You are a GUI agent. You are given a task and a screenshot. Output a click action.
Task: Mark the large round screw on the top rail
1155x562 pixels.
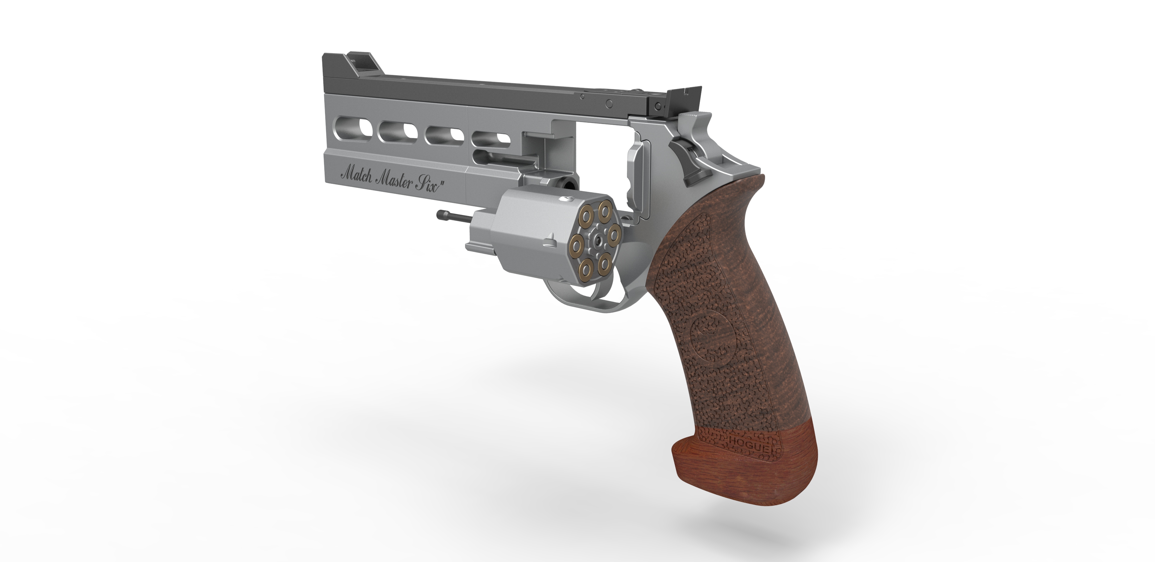(x=609, y=103)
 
